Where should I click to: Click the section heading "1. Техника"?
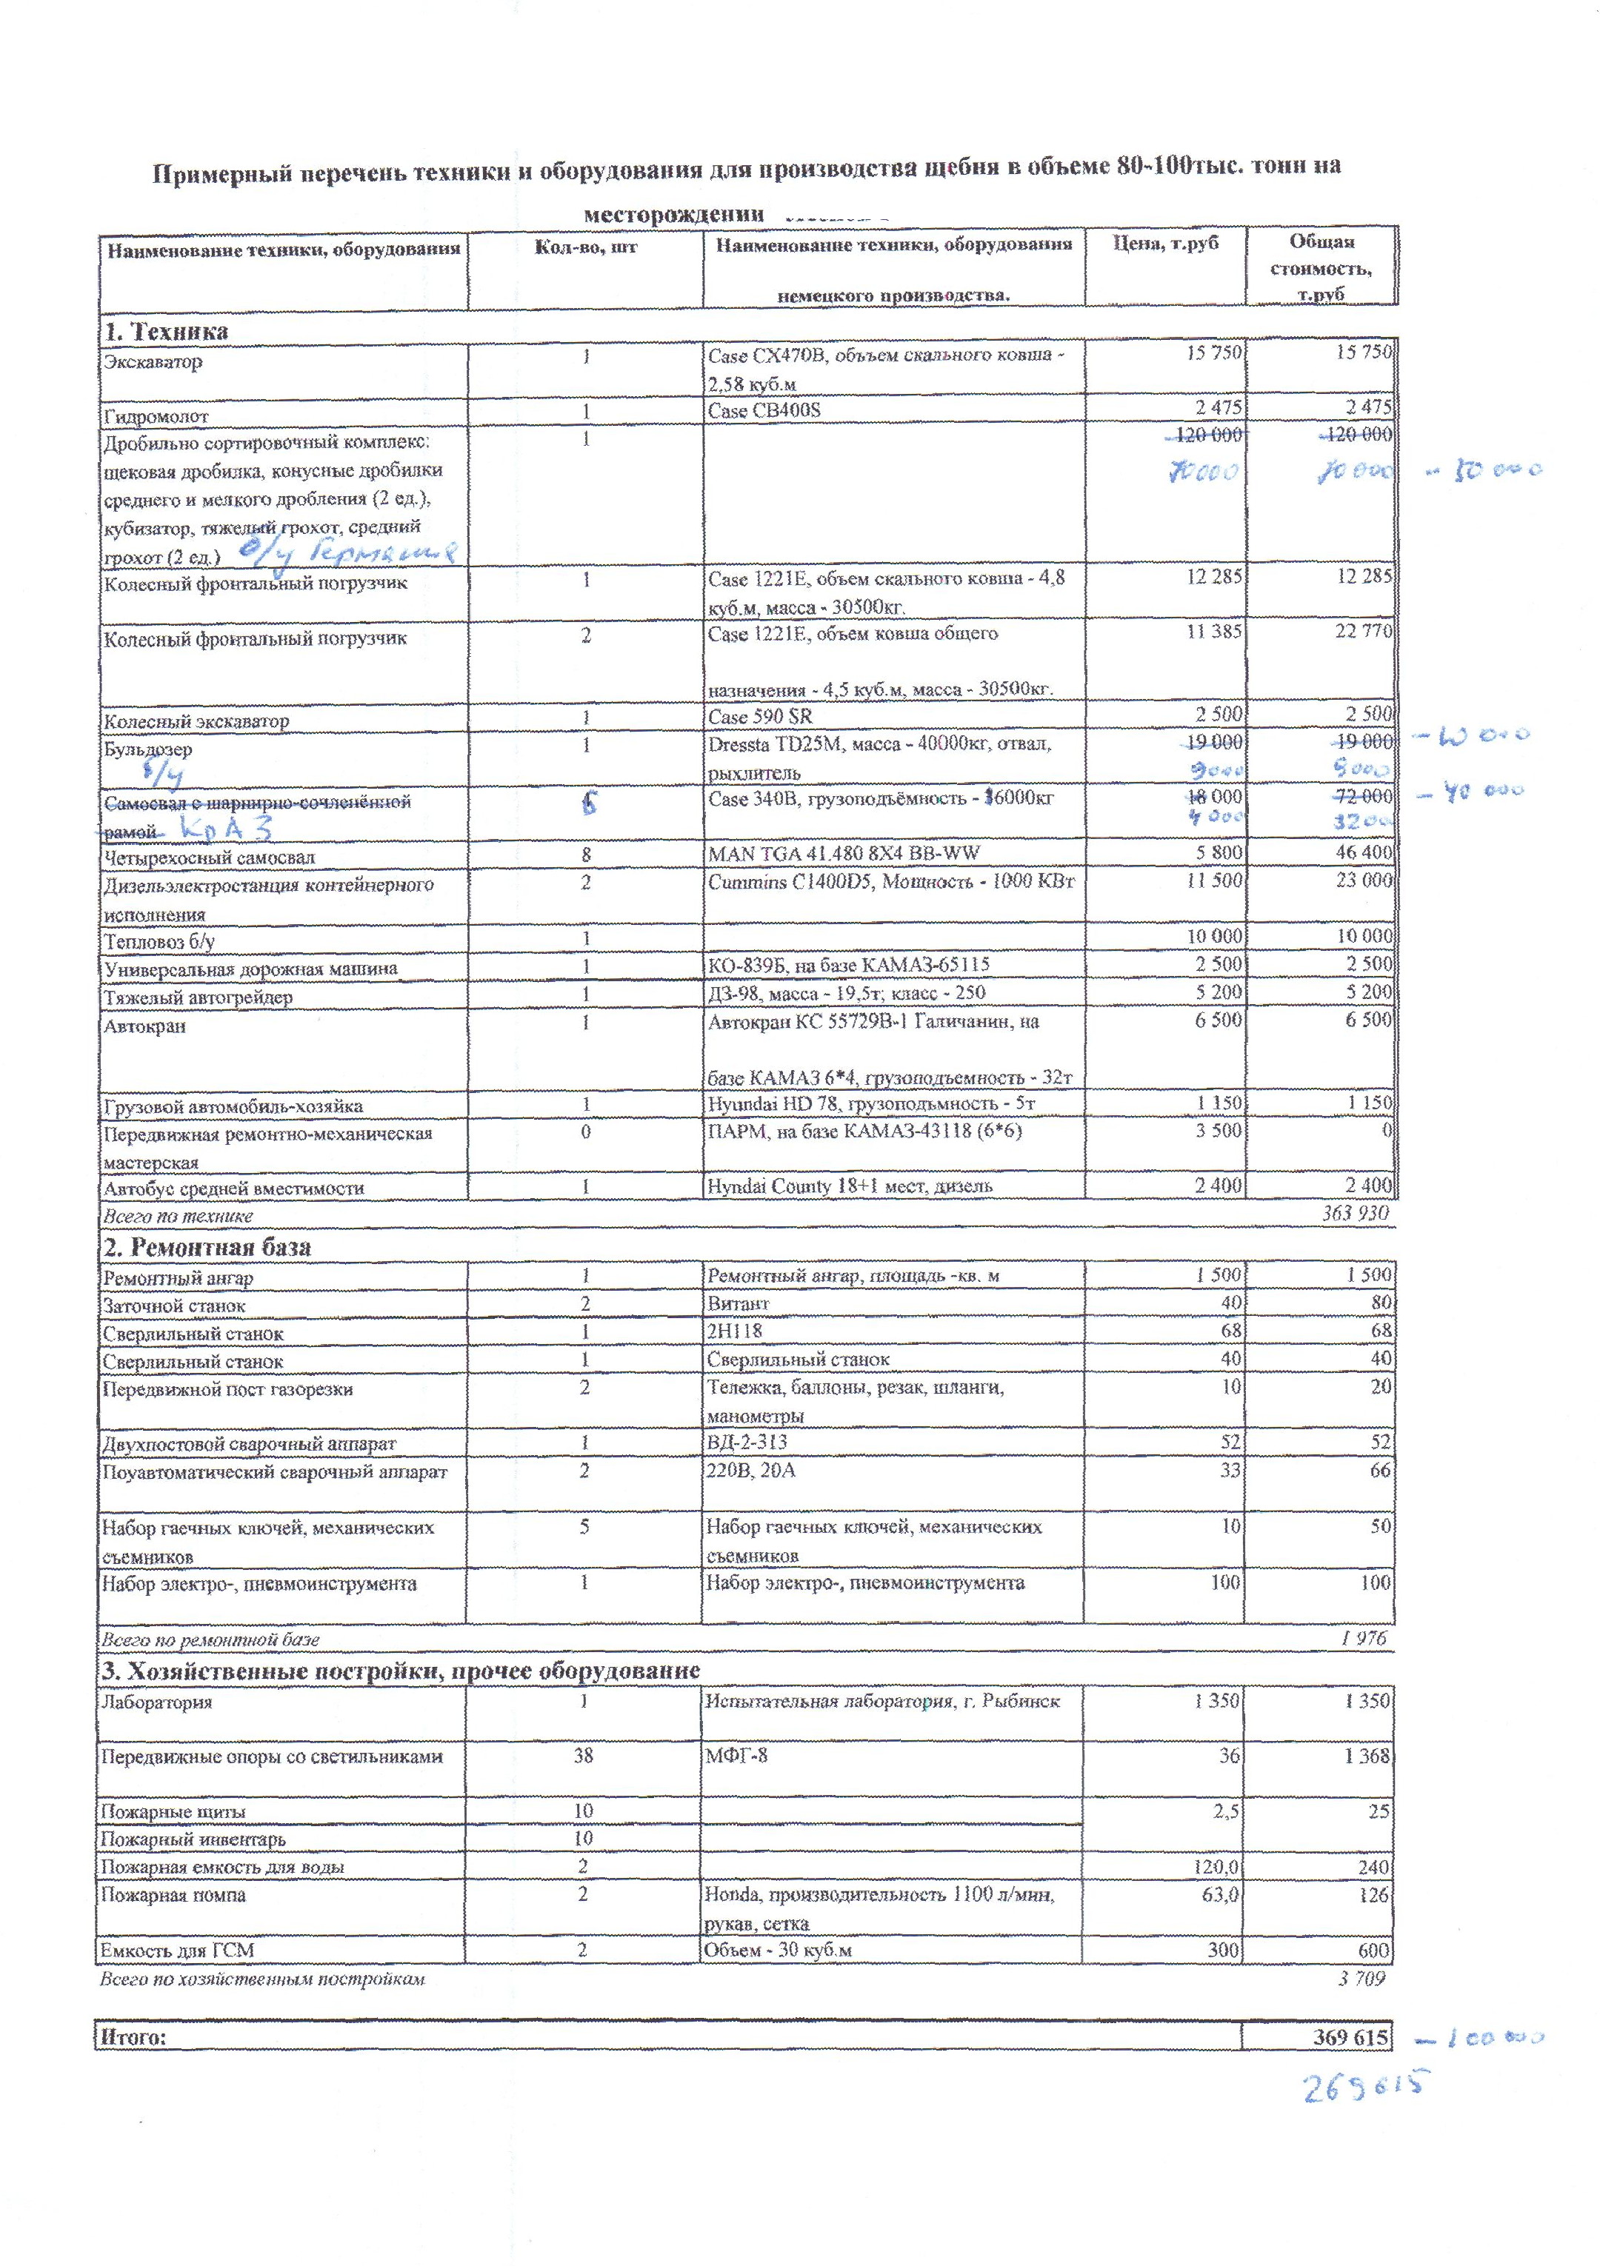(x=166, y=332)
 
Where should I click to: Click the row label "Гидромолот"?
(x=156, y=416)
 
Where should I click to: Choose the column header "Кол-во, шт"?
(x=585, y=247)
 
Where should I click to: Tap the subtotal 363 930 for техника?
(x=1356, y=1213)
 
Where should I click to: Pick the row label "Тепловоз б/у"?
(x=160, y=941)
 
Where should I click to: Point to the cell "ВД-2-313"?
(x=747, y=1442)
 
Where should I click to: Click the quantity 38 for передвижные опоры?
(x=584, y=1756)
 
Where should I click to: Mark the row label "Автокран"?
(x=145, y=1026)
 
